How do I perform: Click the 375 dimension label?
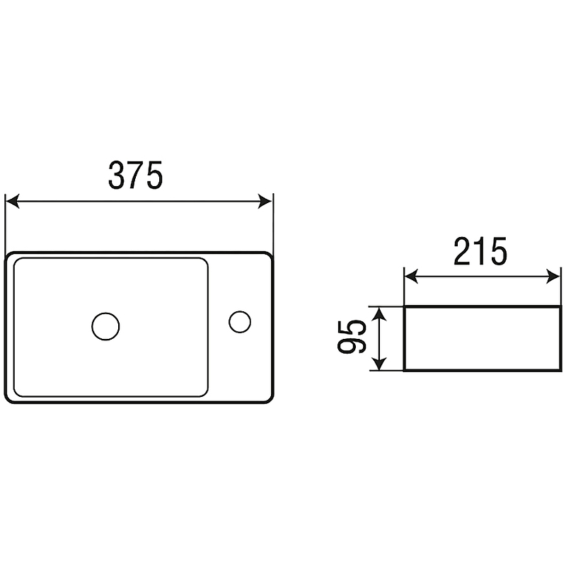136,175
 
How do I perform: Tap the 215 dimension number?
480,252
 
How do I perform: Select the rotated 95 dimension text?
352,336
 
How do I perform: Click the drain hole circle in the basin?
105,326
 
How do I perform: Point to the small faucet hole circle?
240,322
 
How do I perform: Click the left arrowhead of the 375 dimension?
13,201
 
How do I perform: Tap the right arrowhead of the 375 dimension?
265,201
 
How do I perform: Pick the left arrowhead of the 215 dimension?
411,277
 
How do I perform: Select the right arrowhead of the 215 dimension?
554,277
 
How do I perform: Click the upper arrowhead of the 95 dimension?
379,313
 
